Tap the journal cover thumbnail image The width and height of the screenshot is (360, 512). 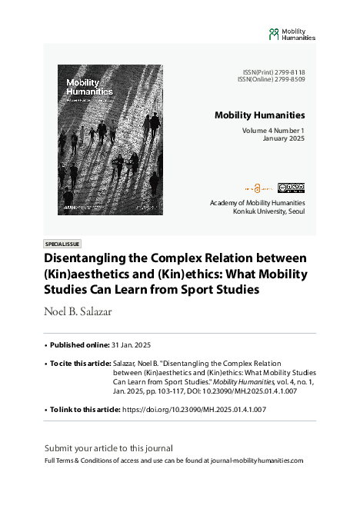click(110, 140)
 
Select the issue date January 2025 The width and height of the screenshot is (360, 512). click(284, 139)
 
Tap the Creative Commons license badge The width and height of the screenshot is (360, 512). click(291, 187)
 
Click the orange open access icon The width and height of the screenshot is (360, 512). click(259, 187)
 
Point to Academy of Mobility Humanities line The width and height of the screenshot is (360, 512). click(257, 203)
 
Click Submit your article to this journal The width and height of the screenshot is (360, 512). click(108, 447)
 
